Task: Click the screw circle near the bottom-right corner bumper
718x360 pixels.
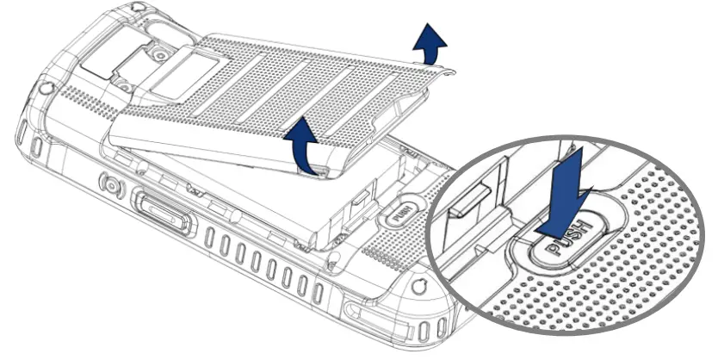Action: [418, 284]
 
